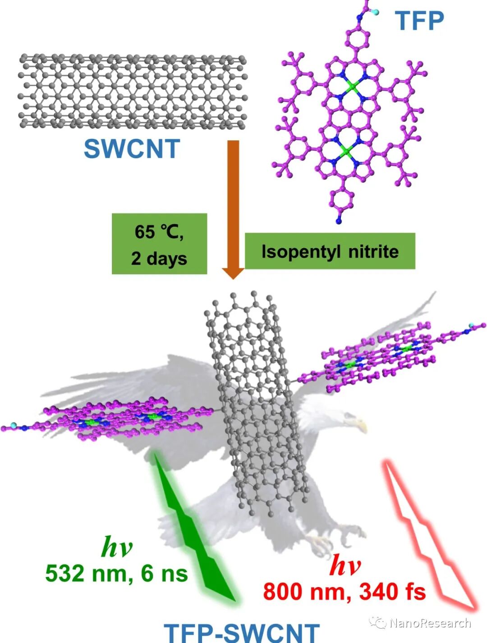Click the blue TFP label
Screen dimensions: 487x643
pos(419,20)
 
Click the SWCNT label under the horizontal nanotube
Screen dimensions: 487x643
pos(132,148)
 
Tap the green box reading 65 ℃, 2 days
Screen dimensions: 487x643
pos(159,244)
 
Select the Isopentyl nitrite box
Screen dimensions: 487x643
pos(330,251)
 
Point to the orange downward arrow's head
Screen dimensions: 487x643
pos(233,272)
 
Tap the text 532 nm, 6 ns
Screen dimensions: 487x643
pos(116,574)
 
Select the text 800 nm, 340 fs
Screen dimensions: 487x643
pos(345,591)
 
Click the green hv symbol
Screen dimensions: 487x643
pos(117,547)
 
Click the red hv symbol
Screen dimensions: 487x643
pos(345,565)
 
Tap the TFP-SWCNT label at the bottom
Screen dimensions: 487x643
pos(241,632)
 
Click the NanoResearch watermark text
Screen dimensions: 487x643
pos(429,623)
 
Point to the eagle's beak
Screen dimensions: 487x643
pos(361,423)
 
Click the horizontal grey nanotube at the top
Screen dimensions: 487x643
pos(132,92)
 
